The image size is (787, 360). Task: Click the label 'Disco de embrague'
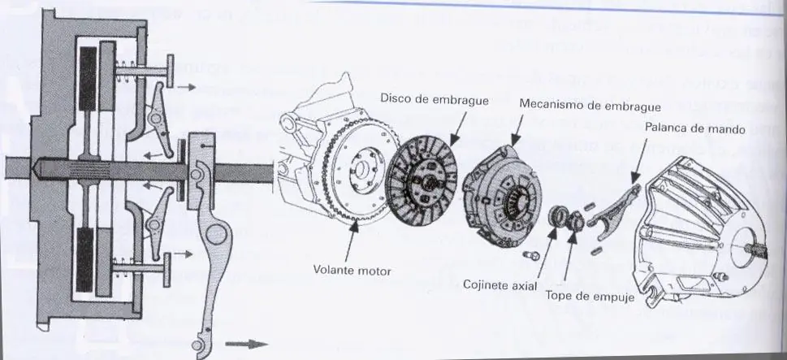(x=434, y=100)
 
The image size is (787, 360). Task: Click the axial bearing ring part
(x=559, y=219)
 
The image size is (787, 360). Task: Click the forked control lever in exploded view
(x=616, y=214)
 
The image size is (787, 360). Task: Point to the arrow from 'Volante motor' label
(x=352, y=241)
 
